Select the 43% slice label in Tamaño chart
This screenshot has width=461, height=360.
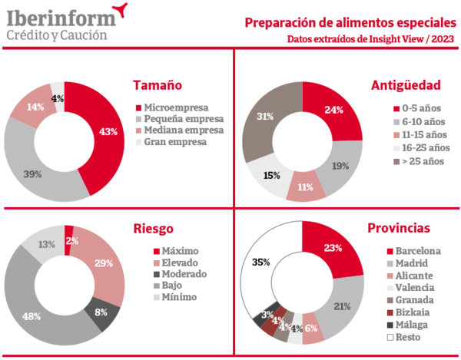[x=108, y=131]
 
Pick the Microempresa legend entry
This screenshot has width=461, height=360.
[x=176, y=107]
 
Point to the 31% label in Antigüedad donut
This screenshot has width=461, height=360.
[x=265, y=117]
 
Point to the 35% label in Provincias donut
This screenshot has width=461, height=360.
[x=260, y=262]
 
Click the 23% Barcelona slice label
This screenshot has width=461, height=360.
[x=333, y=248]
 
